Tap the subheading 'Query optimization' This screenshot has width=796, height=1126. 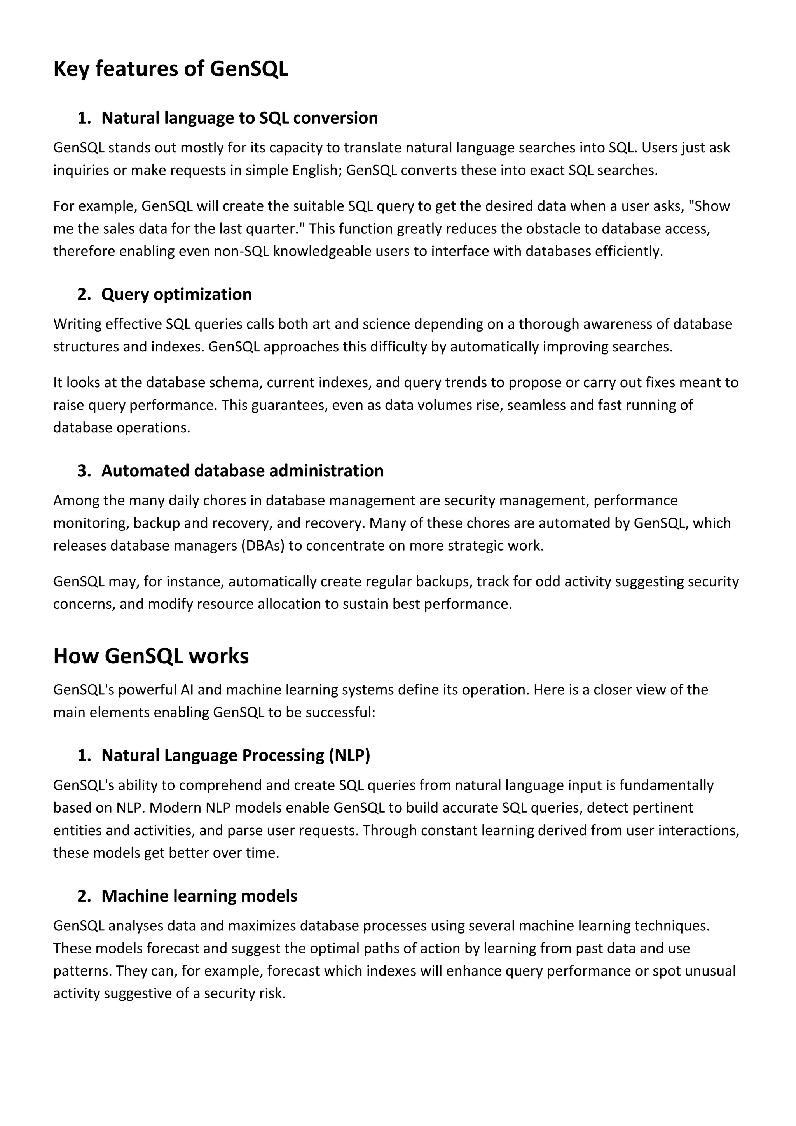pos(176,294)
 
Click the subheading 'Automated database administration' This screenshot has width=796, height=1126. pos(242,471)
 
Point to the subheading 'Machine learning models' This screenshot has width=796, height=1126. pos(199,896)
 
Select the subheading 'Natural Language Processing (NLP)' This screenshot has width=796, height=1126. pos(235,755)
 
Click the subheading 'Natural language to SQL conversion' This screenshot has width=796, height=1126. pos(239,118)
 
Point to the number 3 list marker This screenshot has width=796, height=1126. pos(84,471)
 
